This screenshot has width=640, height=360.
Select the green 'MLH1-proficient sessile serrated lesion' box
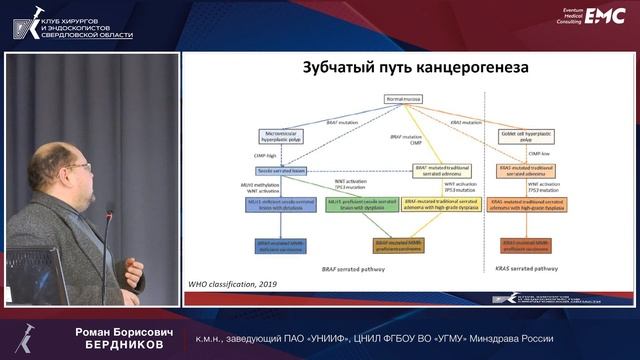(336, 205)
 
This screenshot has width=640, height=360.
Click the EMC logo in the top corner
(605, 15)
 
